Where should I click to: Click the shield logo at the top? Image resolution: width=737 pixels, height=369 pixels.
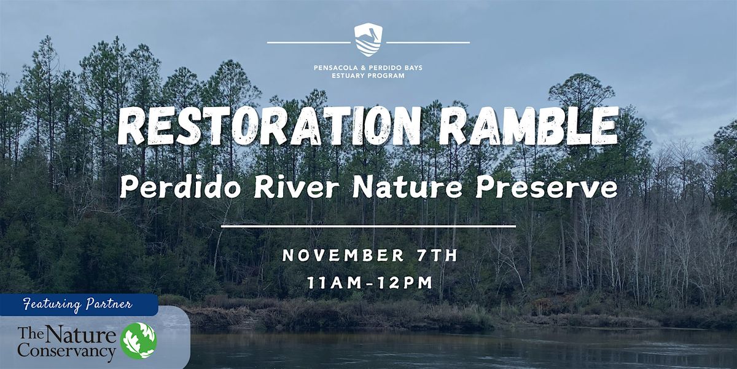tap(368, 39)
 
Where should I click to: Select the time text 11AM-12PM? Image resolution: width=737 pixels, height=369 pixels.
tap(368, 284)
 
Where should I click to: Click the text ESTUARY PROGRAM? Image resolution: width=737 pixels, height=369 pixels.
tap(368, 76)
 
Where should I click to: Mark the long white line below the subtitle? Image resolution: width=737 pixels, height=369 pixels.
tap(368, 226)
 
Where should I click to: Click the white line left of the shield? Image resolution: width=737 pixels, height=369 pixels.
tap(308, 42)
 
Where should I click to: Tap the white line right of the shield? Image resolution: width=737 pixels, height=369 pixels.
tap(428, 42)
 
